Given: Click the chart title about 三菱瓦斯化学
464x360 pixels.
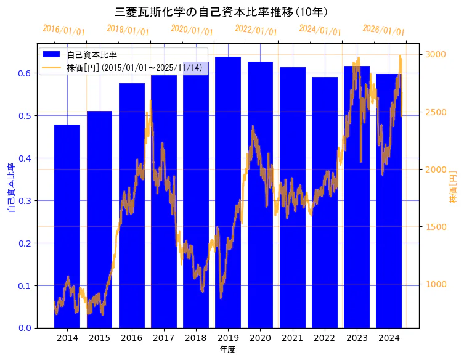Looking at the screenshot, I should pos(221,12).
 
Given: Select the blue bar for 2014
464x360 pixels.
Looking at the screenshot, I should pos(67,228).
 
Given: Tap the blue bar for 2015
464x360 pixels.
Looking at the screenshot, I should pos(99,222).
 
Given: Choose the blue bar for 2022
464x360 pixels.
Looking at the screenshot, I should pos(324,203).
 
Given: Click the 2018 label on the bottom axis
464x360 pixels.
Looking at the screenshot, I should pos(196,338).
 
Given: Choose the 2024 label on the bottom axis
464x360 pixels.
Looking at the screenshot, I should pos(389,338).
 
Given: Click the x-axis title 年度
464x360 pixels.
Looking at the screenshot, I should pos(227,350).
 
